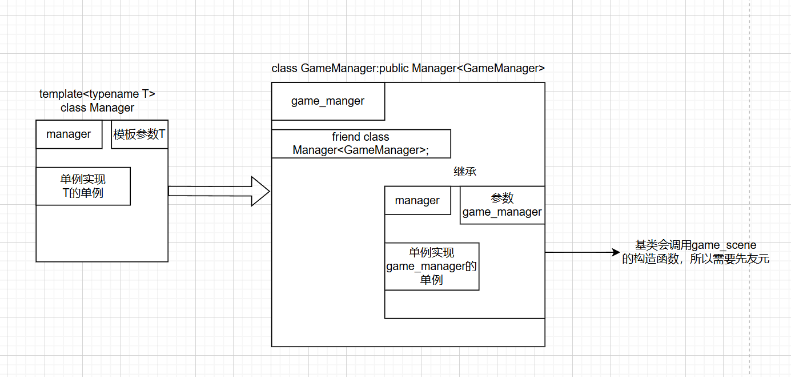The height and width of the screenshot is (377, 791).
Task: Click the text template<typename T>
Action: click(97, 94)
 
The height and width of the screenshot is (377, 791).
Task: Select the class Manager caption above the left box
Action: click(97, 108)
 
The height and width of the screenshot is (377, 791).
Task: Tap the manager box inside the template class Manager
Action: click(69, 134)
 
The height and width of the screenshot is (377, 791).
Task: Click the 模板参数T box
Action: click(139, 134)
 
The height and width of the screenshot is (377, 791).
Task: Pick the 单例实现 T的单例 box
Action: click(83, 186)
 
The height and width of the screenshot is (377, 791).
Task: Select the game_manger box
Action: click(328, 101)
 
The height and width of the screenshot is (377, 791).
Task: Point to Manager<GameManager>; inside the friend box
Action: click(360, 150)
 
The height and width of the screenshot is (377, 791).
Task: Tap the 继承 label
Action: click(465, 171)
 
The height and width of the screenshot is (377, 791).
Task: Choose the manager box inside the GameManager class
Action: click(417, 200)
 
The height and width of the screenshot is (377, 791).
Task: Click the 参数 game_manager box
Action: click(502, 205)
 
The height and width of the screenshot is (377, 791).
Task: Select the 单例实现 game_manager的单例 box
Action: click(431, 266)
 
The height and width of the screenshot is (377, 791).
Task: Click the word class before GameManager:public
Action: click(284, 68)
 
